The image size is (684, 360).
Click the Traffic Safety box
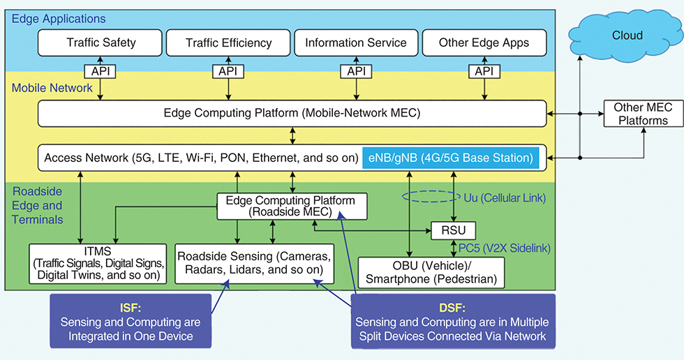101,43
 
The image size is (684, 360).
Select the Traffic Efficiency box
228,43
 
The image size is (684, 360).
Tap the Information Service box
356,43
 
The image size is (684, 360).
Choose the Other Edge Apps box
484,43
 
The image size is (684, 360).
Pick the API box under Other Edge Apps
484,71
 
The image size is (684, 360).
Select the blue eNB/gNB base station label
452,158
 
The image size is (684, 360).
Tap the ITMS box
98,263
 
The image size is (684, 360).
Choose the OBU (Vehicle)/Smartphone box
431,273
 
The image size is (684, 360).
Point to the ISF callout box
130,322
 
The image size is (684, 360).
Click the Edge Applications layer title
59,19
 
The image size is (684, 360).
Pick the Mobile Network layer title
52,88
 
